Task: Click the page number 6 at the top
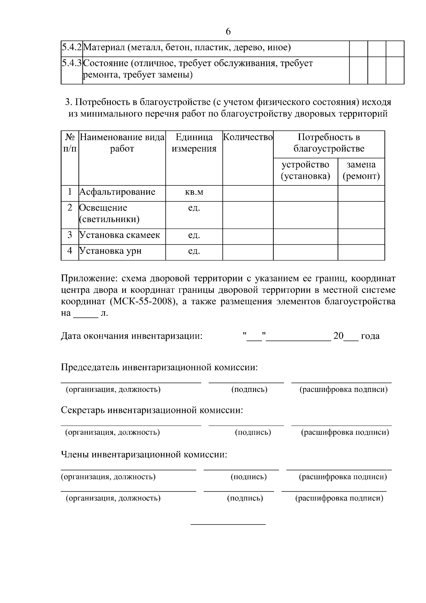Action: (228, 32)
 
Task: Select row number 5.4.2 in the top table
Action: (71, 47)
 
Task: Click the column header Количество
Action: (248, 137)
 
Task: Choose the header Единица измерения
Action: (194, 143)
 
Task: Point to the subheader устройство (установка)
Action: (305, 170)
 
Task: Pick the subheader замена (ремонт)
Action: (361, 170)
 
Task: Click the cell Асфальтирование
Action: (118, 192)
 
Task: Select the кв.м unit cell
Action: (194, 192)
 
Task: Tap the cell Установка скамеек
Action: (120, 235)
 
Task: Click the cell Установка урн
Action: (110, 251)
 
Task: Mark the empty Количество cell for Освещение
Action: (248, 215)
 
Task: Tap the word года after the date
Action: (370, 336)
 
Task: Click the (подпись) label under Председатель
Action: (249, 389)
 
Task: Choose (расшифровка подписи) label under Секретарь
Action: (345, 432)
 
